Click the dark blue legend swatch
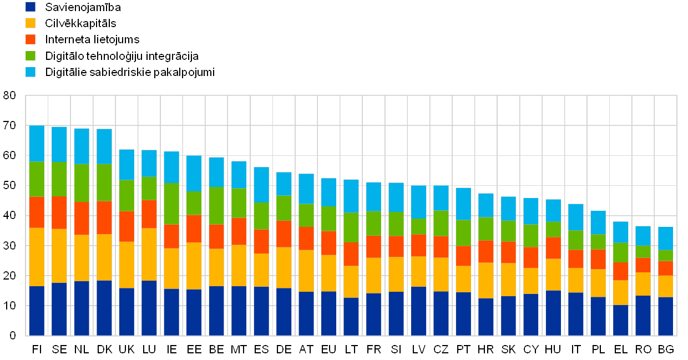(x=31, y=7)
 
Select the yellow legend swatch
(x=31, y=23)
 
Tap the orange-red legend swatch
(x=31, y=39)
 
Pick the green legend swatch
(x=31, y=55)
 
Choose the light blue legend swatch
(x=31, y=72)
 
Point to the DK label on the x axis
(x=104, y=349)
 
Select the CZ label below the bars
(x=441, y=349)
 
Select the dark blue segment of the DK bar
(x=104, y=308)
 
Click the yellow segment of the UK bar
(x=127, y=265)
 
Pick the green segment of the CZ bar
(x=441, y=223)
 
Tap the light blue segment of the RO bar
(x=643, y=236)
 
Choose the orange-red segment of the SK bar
(x=508, y=252)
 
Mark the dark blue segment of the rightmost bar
(x=665, y=316)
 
